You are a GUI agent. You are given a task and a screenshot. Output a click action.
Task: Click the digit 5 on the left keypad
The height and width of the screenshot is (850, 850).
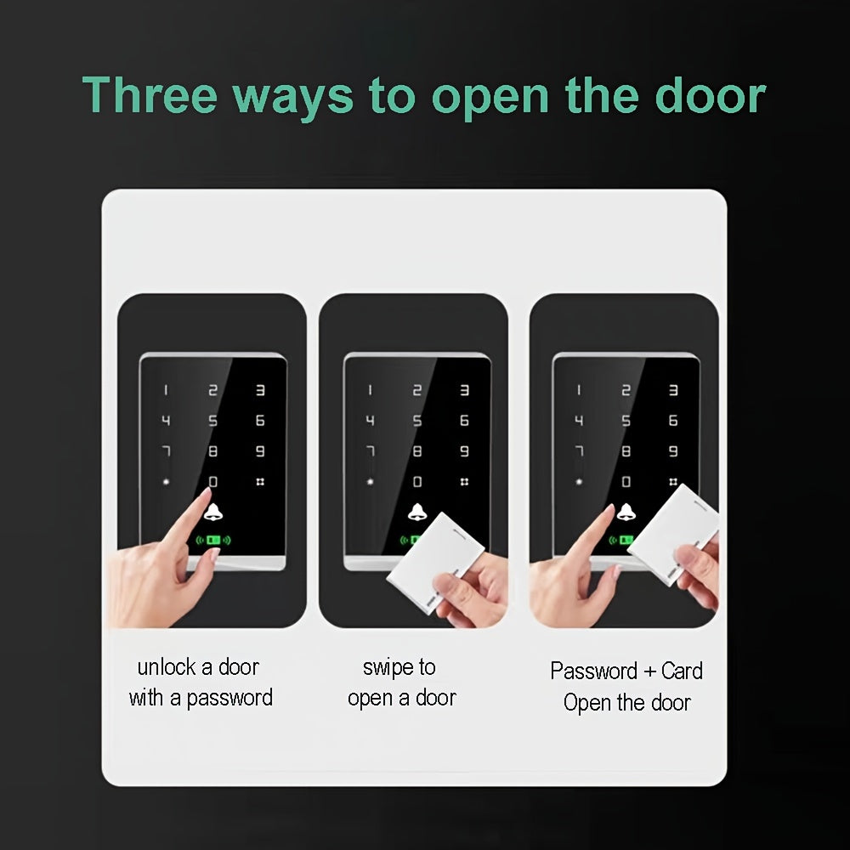tap(212, 421)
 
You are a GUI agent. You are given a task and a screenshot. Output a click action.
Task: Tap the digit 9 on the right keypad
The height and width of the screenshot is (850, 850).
tap(673, 451)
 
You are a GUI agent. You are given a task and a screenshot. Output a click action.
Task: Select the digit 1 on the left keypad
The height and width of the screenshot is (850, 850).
tap(166, 390)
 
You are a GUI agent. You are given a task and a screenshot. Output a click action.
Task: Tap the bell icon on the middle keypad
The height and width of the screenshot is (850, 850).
tap(416, 512)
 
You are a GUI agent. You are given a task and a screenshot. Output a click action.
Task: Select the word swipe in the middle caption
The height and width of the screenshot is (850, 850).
tap(388, 667)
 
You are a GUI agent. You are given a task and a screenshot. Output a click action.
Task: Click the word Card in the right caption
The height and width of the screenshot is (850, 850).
tap(682, 671)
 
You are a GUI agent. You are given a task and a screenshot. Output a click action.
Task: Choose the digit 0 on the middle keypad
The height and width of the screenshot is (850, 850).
tap(416, 482)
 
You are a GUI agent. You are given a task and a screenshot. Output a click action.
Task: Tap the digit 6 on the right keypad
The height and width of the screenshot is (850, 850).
tap(673, 421)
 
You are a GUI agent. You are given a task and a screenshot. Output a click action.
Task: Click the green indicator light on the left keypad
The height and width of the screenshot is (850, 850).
tap(213, 540)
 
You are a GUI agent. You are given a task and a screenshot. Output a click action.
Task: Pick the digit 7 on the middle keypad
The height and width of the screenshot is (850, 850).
tap(370, 451)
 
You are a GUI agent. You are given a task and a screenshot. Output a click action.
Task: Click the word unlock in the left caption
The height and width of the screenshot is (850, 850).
tap(167, 667)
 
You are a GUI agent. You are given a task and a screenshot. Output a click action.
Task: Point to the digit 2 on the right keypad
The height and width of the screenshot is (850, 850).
tap(626, 390)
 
